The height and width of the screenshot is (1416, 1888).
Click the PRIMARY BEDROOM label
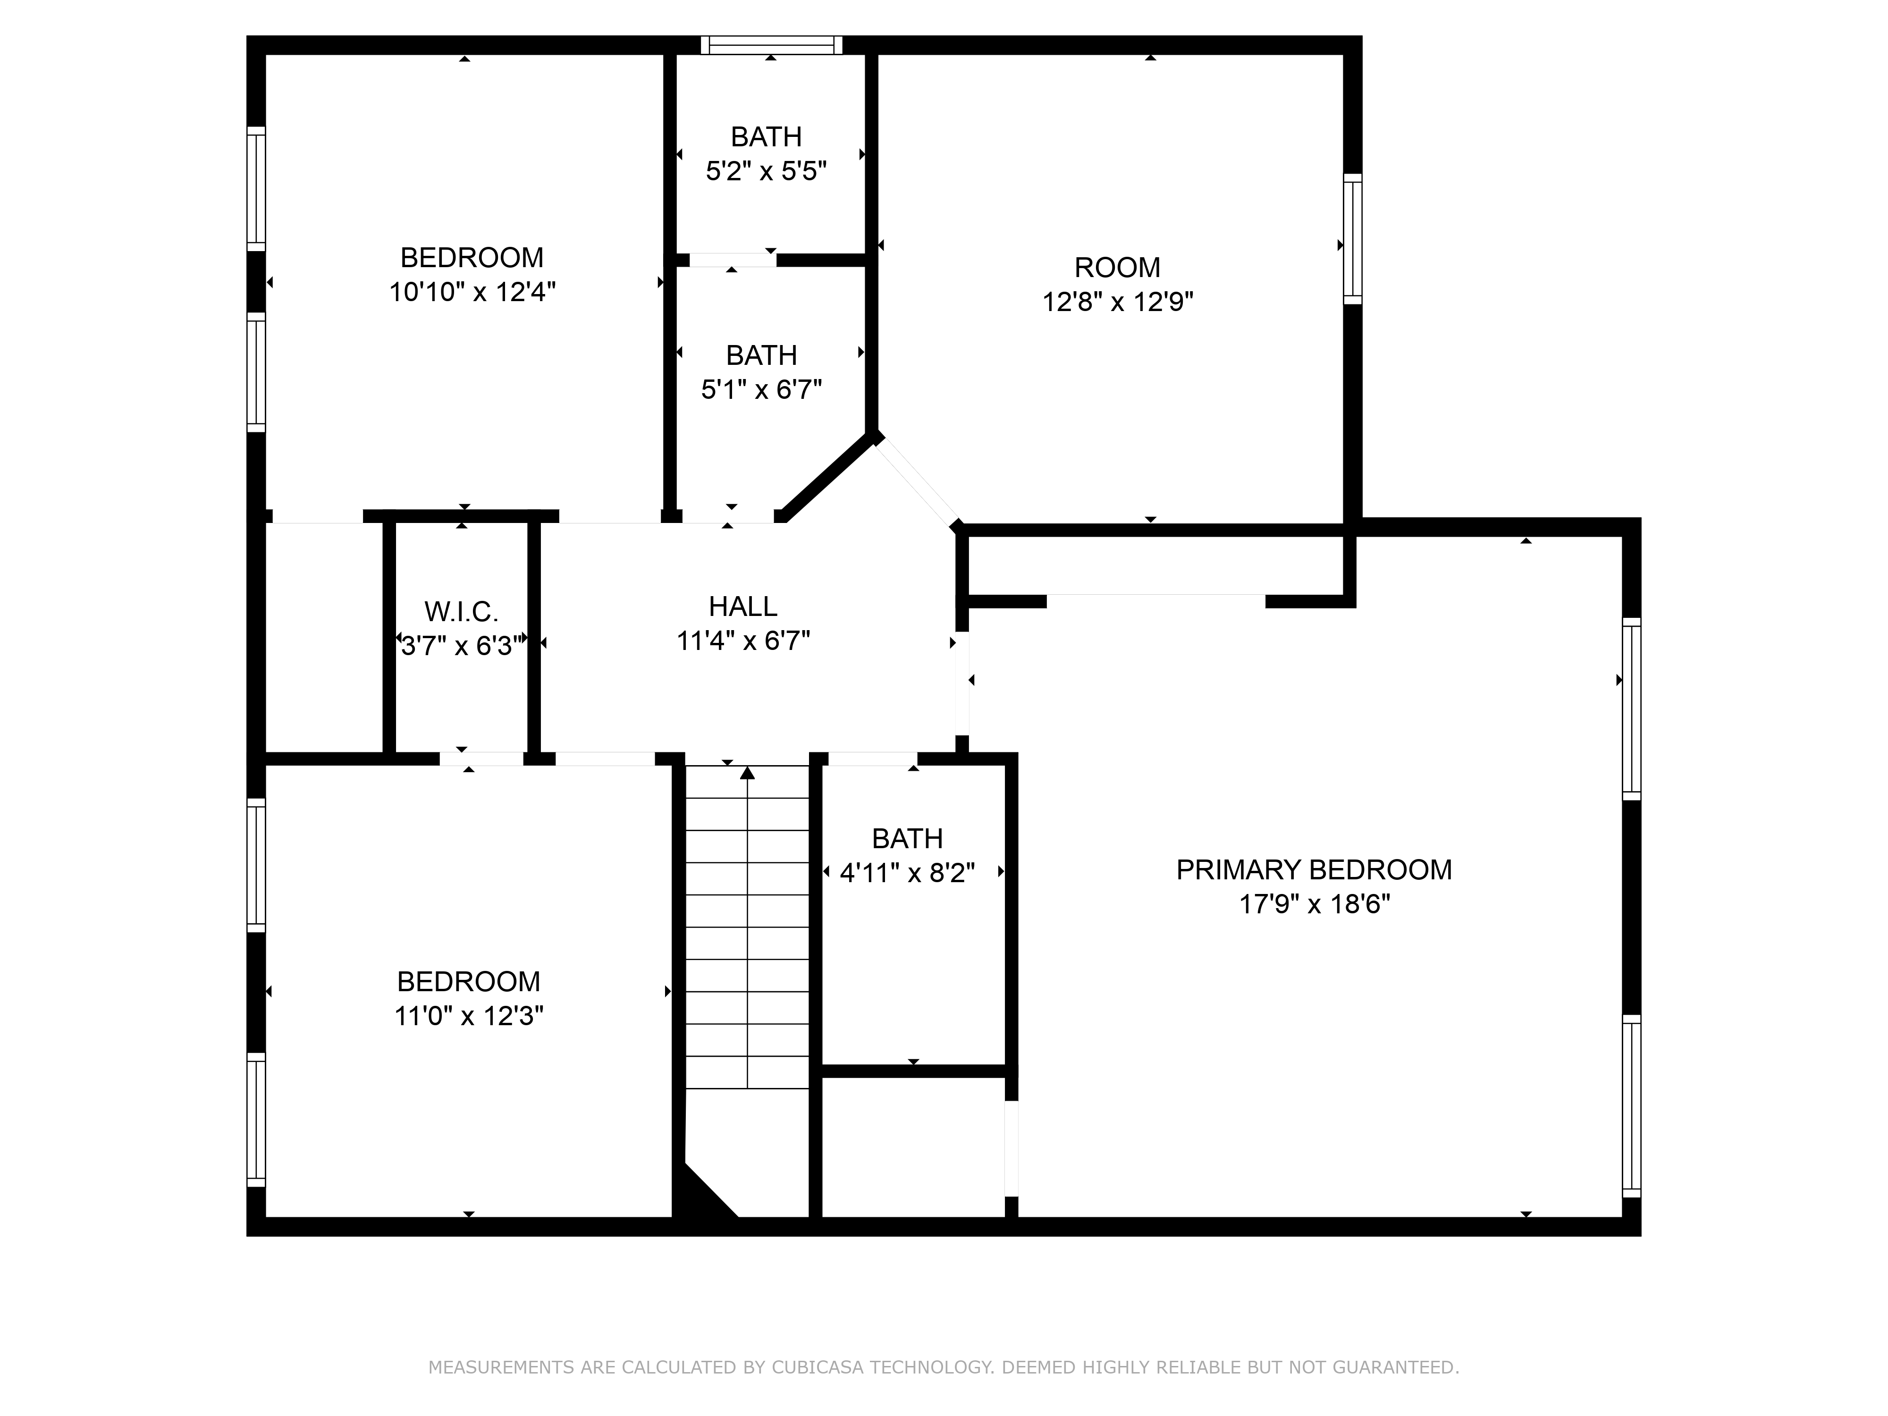click(x=1314, y=870)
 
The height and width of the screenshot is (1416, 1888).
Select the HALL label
click(x=742, y=607)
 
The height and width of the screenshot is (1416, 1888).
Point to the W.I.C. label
click(x=461, y=612)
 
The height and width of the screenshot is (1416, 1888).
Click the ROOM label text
click(x=1117, y=268)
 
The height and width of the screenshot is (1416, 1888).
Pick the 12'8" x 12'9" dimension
click(x=1117, y=302)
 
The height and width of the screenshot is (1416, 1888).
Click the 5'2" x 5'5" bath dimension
click(x=766, y=171)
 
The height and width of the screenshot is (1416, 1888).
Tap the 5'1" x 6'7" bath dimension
click(x=761, y=390)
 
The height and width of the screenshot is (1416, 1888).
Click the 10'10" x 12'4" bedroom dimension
click(x=472, y=293)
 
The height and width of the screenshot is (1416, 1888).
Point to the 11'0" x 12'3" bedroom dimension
click(x=469, y=1017)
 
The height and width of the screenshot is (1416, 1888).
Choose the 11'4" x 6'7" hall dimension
click(x=742, y=641)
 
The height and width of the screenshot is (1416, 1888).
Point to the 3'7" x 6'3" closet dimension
click(x=461, y=646)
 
